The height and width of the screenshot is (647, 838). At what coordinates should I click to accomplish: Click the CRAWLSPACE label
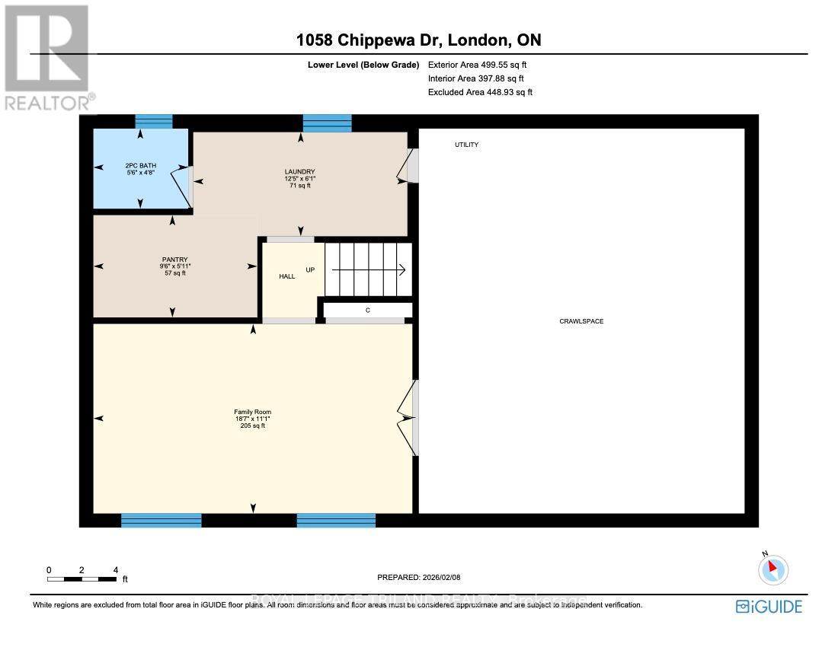tap(581, 321)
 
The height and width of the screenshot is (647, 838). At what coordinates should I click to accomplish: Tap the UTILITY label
tap(466, 145)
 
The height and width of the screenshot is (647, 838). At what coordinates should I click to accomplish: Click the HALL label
tap(286, 276)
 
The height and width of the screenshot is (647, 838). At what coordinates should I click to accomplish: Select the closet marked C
tap(367, 310)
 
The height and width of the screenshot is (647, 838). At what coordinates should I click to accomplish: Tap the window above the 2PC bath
tap(154, 122)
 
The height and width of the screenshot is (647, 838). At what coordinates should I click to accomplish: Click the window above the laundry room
tap(327, 123)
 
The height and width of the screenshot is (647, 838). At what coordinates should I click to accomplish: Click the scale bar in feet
tap(82, 578)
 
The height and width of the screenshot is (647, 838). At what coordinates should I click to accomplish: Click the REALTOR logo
tap(47, 58)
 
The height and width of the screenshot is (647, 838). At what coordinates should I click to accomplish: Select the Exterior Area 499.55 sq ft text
tap(477, 65)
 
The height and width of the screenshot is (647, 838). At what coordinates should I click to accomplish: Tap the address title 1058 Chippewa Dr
tap(419, 41)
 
